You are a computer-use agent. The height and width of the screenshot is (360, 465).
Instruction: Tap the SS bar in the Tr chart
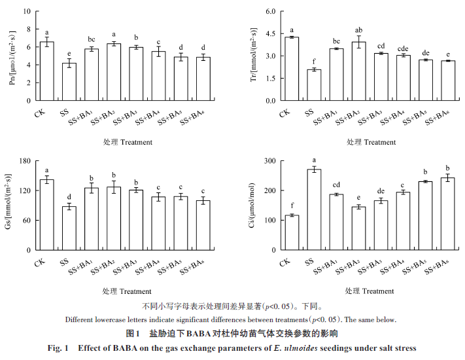click(x=314, y=85)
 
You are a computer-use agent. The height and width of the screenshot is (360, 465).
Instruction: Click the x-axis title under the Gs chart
click(x=128, y=291)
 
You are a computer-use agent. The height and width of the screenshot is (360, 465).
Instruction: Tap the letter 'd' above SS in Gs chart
click(x=69, y=197)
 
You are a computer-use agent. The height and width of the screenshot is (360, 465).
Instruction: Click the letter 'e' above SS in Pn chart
click(x=69, y=53)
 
